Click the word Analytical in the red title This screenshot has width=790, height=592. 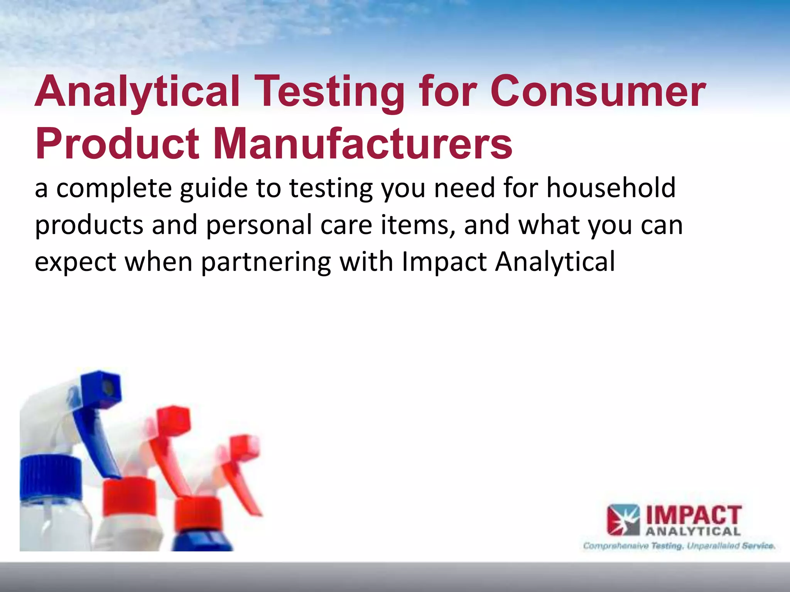pyautogui.click(x=137, y=91)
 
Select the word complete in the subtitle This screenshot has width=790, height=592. pyautogui.click(x=114, y=189)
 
